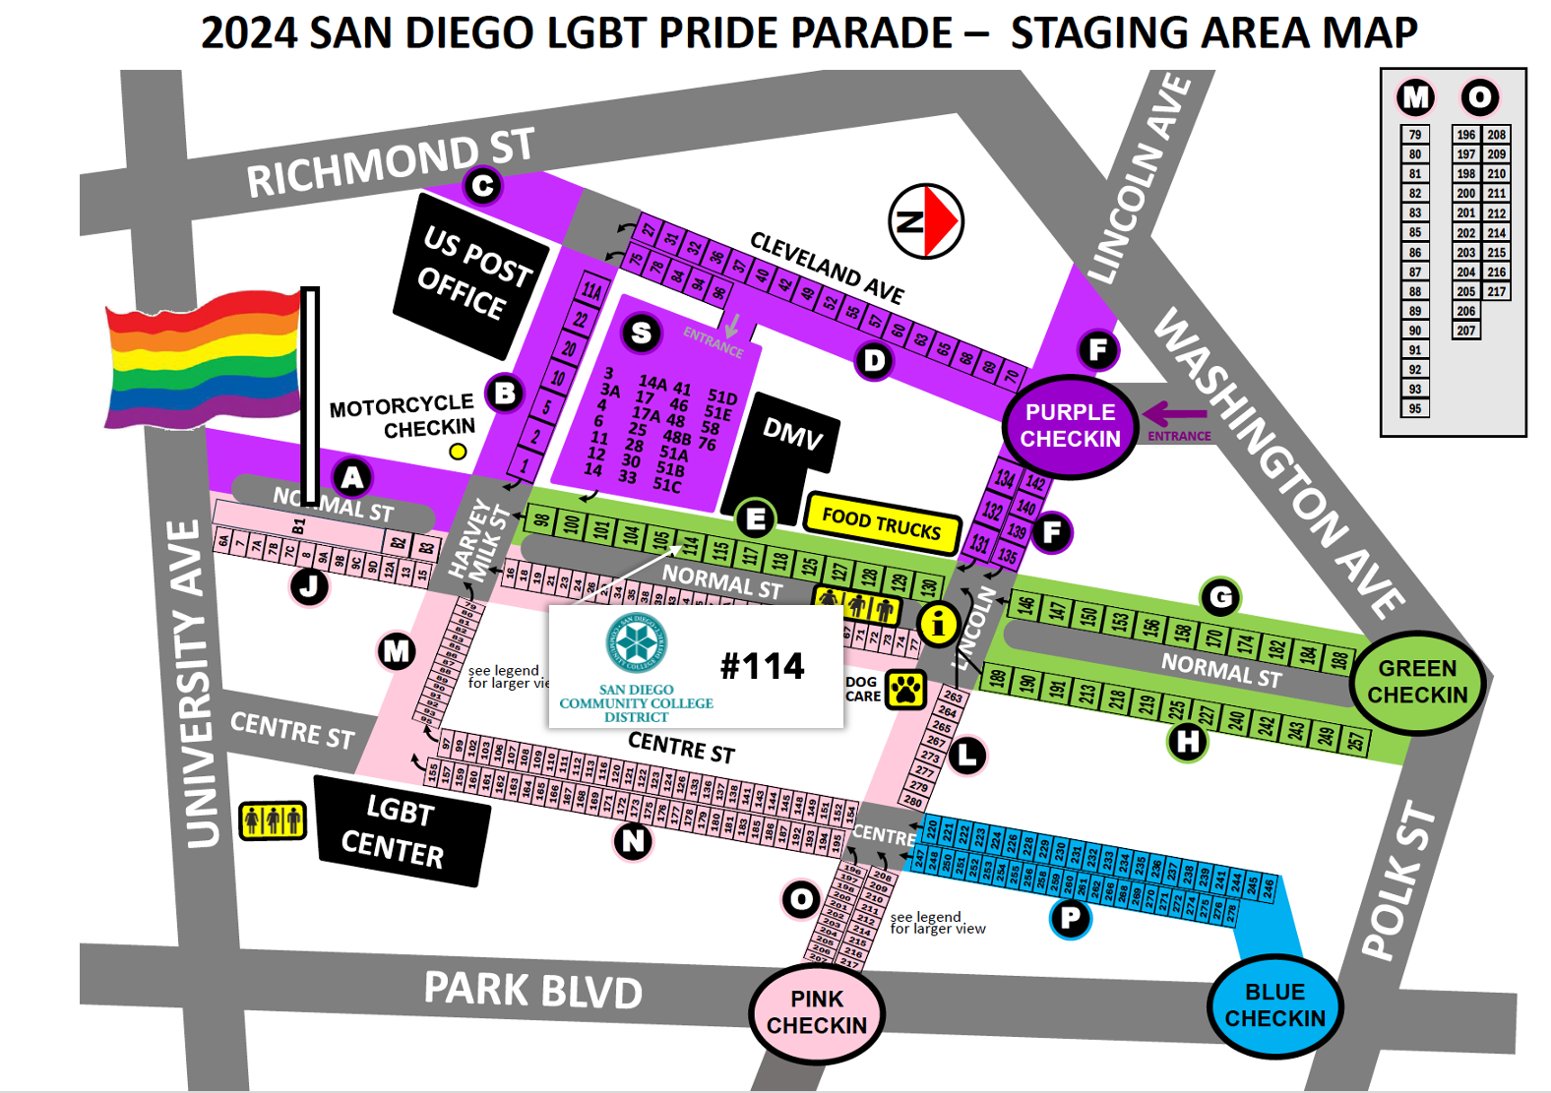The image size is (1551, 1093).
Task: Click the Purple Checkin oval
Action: pyautogui.click(x=1070, y=426)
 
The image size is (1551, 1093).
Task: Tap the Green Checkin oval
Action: pyautogui.click(x=1417, y=682)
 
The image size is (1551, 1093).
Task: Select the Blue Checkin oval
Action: pyautogui.click(x=1274, y=1005)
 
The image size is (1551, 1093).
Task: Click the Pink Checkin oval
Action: pyautogui.click(x=817, y=1012)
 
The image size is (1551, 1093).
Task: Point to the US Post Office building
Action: pyautogui.click(x=470, y=274)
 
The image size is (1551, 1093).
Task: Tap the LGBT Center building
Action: pyautogui.click(x=401, y=831)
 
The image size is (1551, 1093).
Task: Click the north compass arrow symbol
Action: pyautogui.click(x=926, y=221)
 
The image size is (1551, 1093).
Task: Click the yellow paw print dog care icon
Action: pyautogui.click(x=905, y=690)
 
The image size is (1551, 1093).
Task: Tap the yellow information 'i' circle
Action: pyautogui.click(x=938, y=624)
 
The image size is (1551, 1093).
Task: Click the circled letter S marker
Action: pyautogui.click(x=641, y=334)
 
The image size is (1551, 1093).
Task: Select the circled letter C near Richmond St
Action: pyautogui.click(x=482, y=186)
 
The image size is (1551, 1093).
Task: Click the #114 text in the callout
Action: pyautogui.click(x=762, y=666)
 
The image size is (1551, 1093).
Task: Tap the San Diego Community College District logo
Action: pyautogui.click(x=636, y=642)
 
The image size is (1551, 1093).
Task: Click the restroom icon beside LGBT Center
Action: pyautogui.click(x=273, y=819)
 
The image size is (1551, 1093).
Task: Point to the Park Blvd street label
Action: pyautogui.click(x=532, y=990)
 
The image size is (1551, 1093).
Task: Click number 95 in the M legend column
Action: pyautogui.click(x=1414, y=408)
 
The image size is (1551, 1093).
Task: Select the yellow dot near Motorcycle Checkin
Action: pyautogui.click(x=458, y=452)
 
